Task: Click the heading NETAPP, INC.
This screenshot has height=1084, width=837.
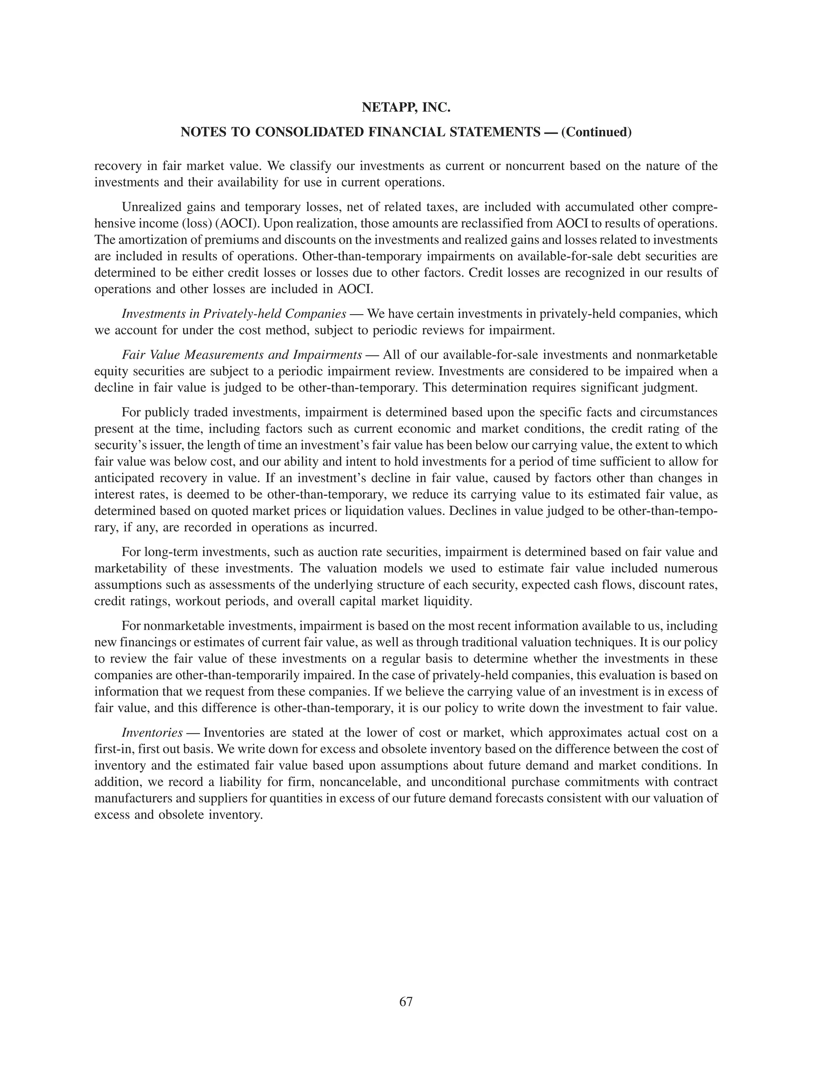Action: (x=405, y=107)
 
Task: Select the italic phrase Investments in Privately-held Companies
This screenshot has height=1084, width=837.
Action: (x=233, y=314)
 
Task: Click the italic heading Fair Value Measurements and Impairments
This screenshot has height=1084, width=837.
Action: (x=242, y=355)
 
